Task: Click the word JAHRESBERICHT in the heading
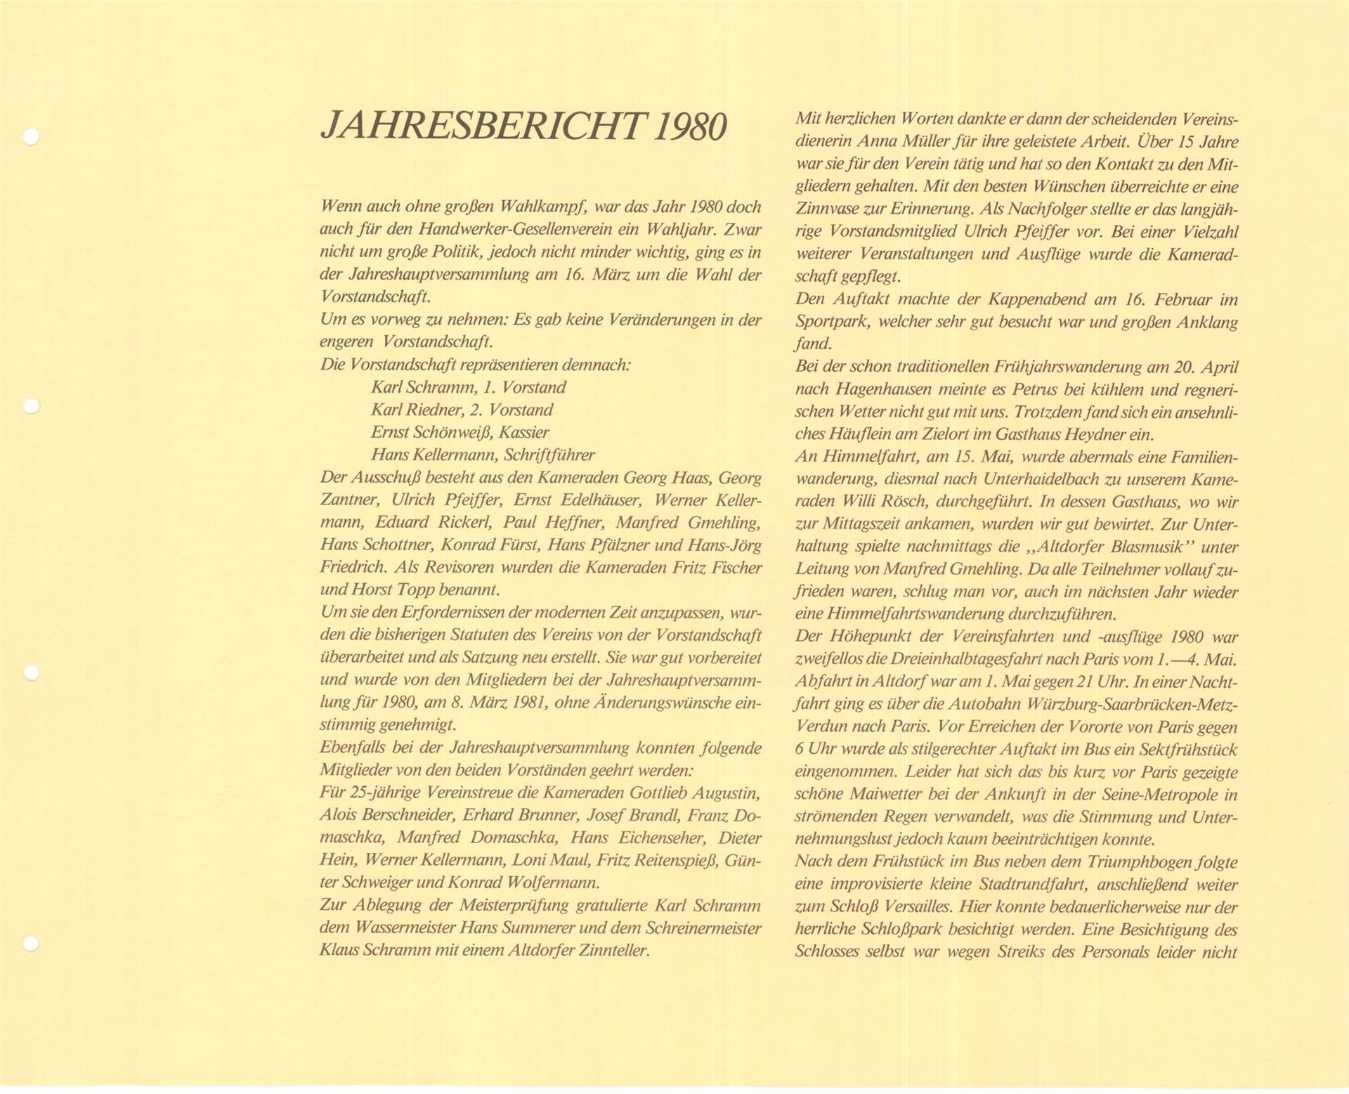[480, 127]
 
